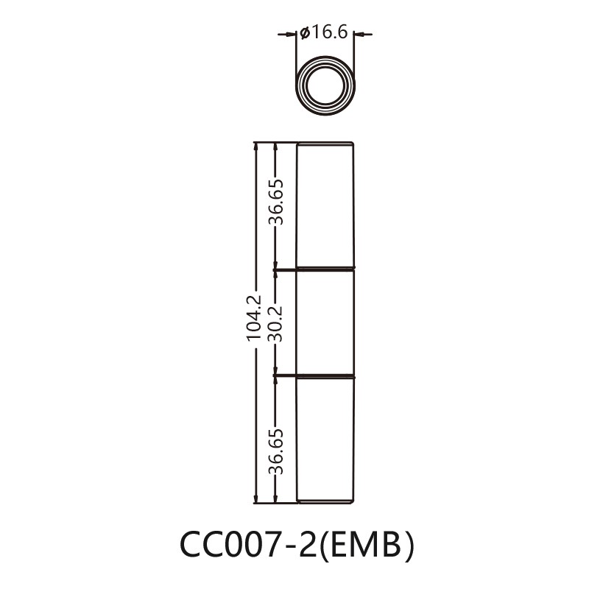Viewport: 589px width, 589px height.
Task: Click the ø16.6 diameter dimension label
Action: tap(325, 33)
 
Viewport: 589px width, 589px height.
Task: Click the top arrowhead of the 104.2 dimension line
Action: tap(256, 147)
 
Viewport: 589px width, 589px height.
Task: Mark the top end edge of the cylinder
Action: tap(325, 143)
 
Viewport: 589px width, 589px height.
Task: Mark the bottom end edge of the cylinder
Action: tap(325, 503)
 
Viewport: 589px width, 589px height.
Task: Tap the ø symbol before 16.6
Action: tap(303, 34)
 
